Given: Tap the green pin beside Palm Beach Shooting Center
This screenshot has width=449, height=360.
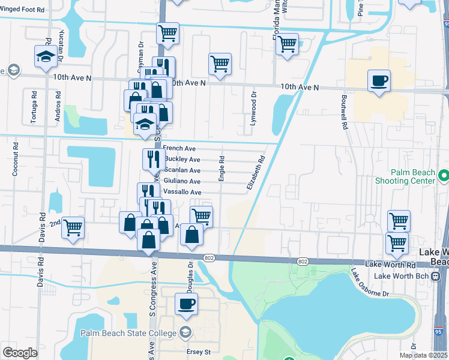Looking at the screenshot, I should click(x=444, y=176).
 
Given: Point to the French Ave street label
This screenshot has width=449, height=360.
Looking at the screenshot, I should click(x=179, y=148).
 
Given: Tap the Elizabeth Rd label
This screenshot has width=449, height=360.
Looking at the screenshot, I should click(x=256, y=175).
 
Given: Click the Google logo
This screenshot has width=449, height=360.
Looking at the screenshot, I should click(x=20, y=353).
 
